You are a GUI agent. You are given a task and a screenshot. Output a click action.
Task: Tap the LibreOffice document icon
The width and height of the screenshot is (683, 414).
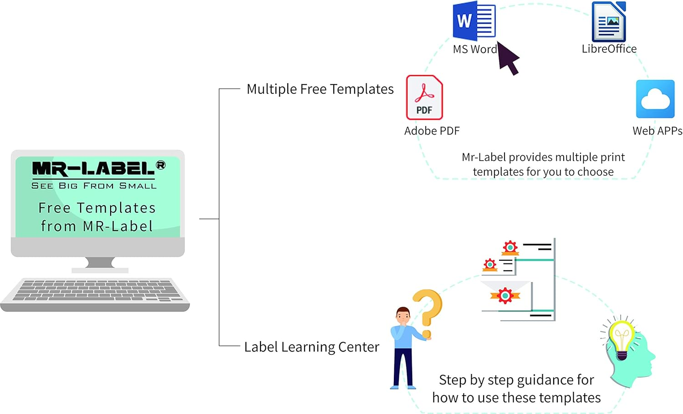tap(609, 22)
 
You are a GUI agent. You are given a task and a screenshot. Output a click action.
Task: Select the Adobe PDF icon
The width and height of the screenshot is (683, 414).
tap(424, 97)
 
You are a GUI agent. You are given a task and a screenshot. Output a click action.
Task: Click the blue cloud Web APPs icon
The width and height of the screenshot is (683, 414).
tap(655, 99)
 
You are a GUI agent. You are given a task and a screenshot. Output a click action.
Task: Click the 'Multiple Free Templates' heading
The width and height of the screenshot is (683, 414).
tap(320, 89)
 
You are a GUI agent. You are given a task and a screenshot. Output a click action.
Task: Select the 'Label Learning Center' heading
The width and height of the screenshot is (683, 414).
tap(311, 347)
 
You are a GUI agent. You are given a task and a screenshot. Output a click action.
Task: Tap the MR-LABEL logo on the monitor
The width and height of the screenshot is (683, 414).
tap(93, 169)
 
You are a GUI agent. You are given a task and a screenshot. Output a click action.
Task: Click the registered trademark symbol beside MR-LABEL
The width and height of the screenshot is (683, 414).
tap(161, 165)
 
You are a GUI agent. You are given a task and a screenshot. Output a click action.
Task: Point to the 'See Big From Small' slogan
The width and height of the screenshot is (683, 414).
tap(94, 186)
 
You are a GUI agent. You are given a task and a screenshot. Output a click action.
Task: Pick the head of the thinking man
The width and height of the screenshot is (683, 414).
tap(403, 316)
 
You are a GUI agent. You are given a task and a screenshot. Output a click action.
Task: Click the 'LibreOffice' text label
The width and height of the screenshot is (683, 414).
tap(609, 49)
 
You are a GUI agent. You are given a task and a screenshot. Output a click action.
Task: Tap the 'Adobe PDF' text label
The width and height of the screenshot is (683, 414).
tap(432, 131)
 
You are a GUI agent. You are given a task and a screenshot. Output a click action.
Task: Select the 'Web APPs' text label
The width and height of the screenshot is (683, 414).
tap(657, 131)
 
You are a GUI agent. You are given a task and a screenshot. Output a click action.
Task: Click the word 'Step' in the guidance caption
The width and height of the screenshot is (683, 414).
tap(452, 380)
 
